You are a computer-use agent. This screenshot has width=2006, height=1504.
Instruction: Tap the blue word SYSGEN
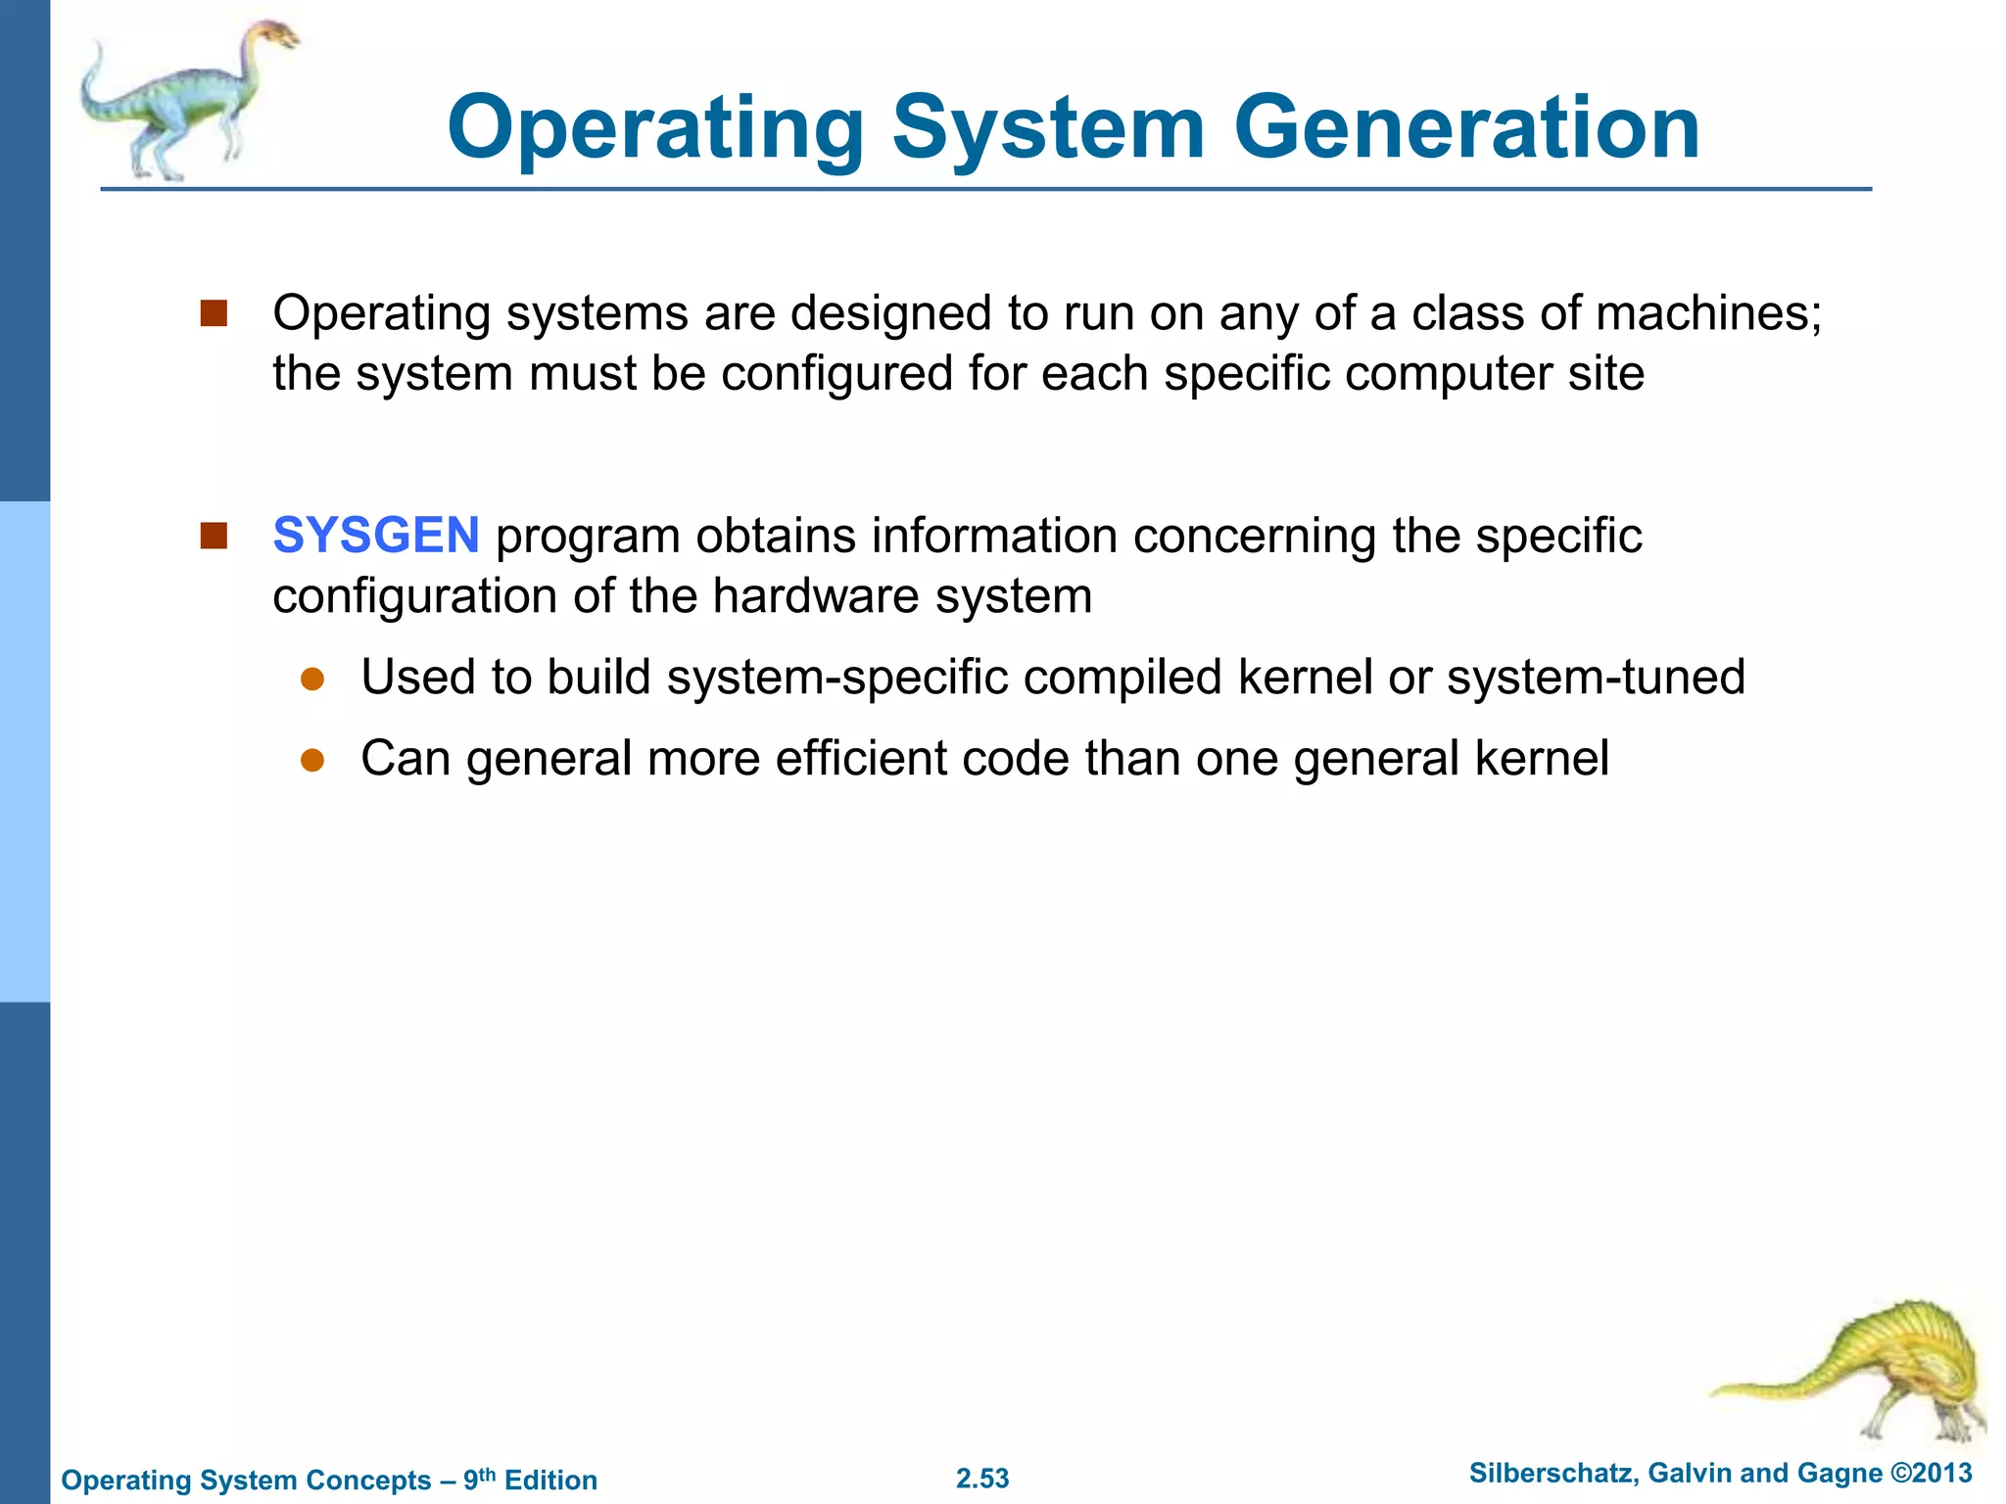coord(376,536)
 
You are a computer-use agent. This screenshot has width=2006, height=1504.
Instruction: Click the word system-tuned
coord(1596,678)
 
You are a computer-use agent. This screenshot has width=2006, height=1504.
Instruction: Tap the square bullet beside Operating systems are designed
coord(214,313)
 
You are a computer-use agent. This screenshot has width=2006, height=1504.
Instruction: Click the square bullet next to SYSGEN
coord(214,536)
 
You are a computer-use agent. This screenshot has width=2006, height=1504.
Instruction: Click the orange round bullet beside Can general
coord(312,761)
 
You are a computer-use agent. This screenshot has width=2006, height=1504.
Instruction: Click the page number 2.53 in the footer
coord(982,1479)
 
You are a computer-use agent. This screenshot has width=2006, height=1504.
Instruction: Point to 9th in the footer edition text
coord(479,1478)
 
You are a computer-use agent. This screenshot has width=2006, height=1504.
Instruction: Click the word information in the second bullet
coord(994,536)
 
